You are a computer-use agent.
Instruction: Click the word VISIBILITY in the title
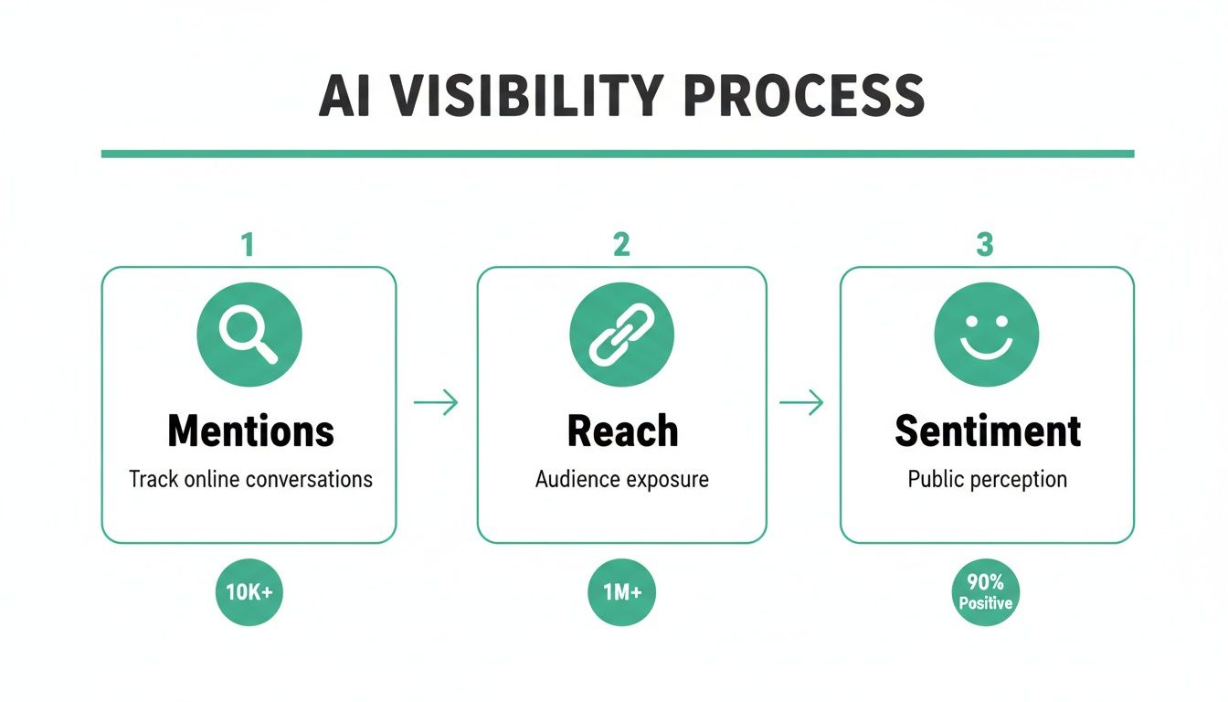tap(524, 94)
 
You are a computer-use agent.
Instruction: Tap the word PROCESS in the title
tap(802, 94)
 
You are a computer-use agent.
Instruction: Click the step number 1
tap(247, 244)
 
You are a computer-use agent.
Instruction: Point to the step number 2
tap(621, 244)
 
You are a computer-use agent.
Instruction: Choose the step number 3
tap(985, 244)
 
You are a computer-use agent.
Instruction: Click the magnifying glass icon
tap(249, 335)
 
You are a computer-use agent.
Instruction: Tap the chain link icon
tap(621, 335)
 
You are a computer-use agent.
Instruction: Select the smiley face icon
tap(986, 335)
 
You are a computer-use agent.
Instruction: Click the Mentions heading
tap(250, 431)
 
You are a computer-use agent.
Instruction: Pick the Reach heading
tap(622, 431)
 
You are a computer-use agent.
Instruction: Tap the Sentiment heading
tap(988, 431)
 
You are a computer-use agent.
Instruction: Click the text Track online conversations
tap(250, 479)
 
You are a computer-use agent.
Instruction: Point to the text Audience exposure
tap(622, 479)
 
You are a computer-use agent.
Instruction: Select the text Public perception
tap(987, 479)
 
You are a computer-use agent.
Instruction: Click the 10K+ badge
tap(249, 592)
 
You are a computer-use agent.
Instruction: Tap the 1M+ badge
tap(621, 592)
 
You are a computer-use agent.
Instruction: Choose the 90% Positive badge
tap(986, 592)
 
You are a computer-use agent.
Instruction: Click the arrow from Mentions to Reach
tap(436, 402)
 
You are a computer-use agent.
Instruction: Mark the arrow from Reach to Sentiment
tap(801, 402)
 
